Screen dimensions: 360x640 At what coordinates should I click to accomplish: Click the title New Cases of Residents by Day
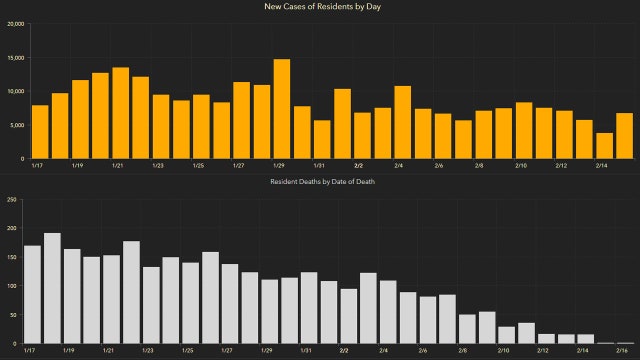point(320,8)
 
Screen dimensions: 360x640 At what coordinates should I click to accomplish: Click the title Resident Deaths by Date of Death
point(320,182)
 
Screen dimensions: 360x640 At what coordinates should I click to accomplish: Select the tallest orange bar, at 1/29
point(281,109)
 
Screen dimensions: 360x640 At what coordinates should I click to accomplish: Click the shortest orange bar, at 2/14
point(604,146)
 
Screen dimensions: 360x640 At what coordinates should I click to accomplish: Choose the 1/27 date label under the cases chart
point(238,166)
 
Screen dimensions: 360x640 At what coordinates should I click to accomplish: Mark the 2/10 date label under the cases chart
point(521,166)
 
